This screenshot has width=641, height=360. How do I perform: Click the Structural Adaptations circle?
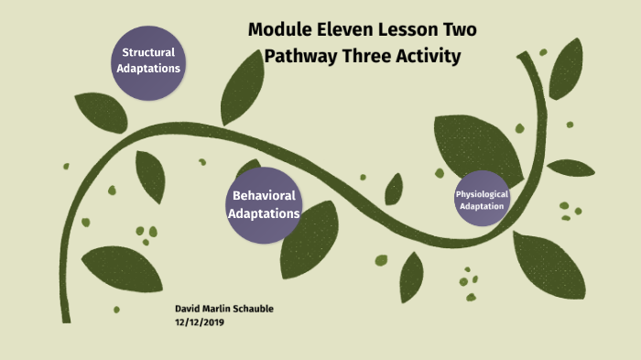click(148, 60)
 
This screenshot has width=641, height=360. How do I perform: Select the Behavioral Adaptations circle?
click(264, 204)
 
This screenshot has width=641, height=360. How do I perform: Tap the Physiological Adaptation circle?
click(482, 200)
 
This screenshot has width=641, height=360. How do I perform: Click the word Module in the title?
click(283, 30)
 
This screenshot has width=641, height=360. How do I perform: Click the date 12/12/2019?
click(199, 322)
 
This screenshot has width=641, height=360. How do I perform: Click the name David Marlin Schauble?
click(223, 309)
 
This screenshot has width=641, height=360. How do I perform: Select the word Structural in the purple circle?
click(148, 52)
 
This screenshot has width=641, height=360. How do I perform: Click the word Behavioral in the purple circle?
click(264, 195)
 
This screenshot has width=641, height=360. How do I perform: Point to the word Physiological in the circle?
click(482, 194)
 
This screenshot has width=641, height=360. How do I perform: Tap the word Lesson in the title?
click(408, 30)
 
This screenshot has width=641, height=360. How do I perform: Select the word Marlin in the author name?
click(220, 309)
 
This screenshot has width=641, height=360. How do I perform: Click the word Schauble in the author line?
click(256, 309)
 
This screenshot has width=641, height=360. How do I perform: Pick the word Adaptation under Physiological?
click(482, 206)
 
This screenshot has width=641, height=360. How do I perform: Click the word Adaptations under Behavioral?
click(264, 213)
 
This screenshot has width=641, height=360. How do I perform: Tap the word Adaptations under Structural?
click(148, 69)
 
